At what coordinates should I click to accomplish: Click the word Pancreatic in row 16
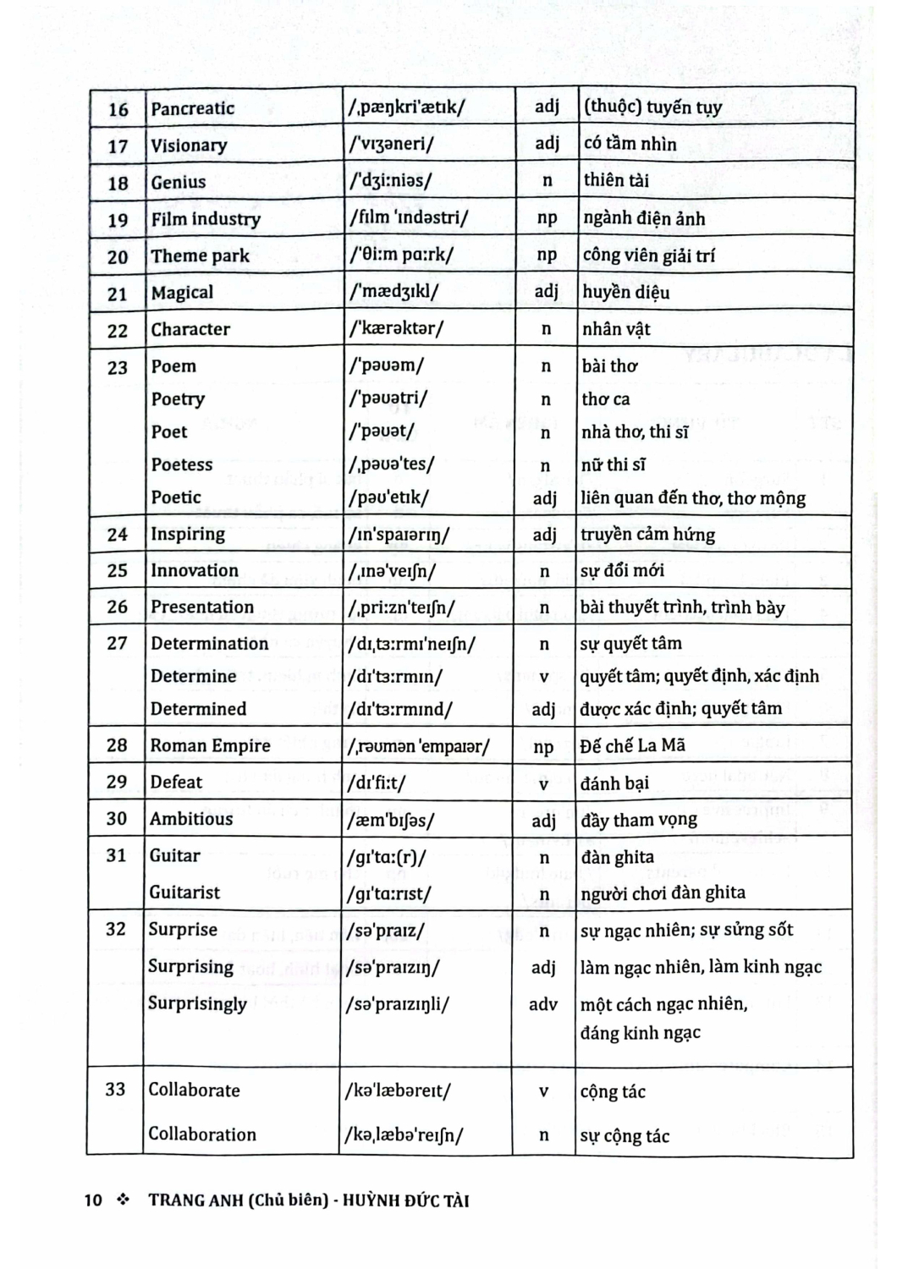192,108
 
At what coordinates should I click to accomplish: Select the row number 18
118,183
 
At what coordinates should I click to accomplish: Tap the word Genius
179,182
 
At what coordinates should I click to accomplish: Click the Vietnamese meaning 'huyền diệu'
625,293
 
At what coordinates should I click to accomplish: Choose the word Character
190,329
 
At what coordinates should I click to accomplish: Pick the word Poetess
182,464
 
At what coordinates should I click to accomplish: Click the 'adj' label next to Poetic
545,498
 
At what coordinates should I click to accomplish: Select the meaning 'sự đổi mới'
622,570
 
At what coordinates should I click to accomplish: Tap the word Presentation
202,607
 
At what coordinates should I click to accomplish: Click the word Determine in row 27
193,676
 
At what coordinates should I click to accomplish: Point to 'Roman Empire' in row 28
211,745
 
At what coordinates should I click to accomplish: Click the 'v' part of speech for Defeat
544,783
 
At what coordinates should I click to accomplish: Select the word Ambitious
192,819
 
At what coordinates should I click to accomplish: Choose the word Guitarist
184,893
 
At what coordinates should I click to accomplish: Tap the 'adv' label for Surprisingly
543,1004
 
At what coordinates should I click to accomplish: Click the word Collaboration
202,1134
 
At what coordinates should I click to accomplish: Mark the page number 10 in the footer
93,1200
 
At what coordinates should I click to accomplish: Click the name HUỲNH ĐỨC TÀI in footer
406,1200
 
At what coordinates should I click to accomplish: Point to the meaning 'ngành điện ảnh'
644,218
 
